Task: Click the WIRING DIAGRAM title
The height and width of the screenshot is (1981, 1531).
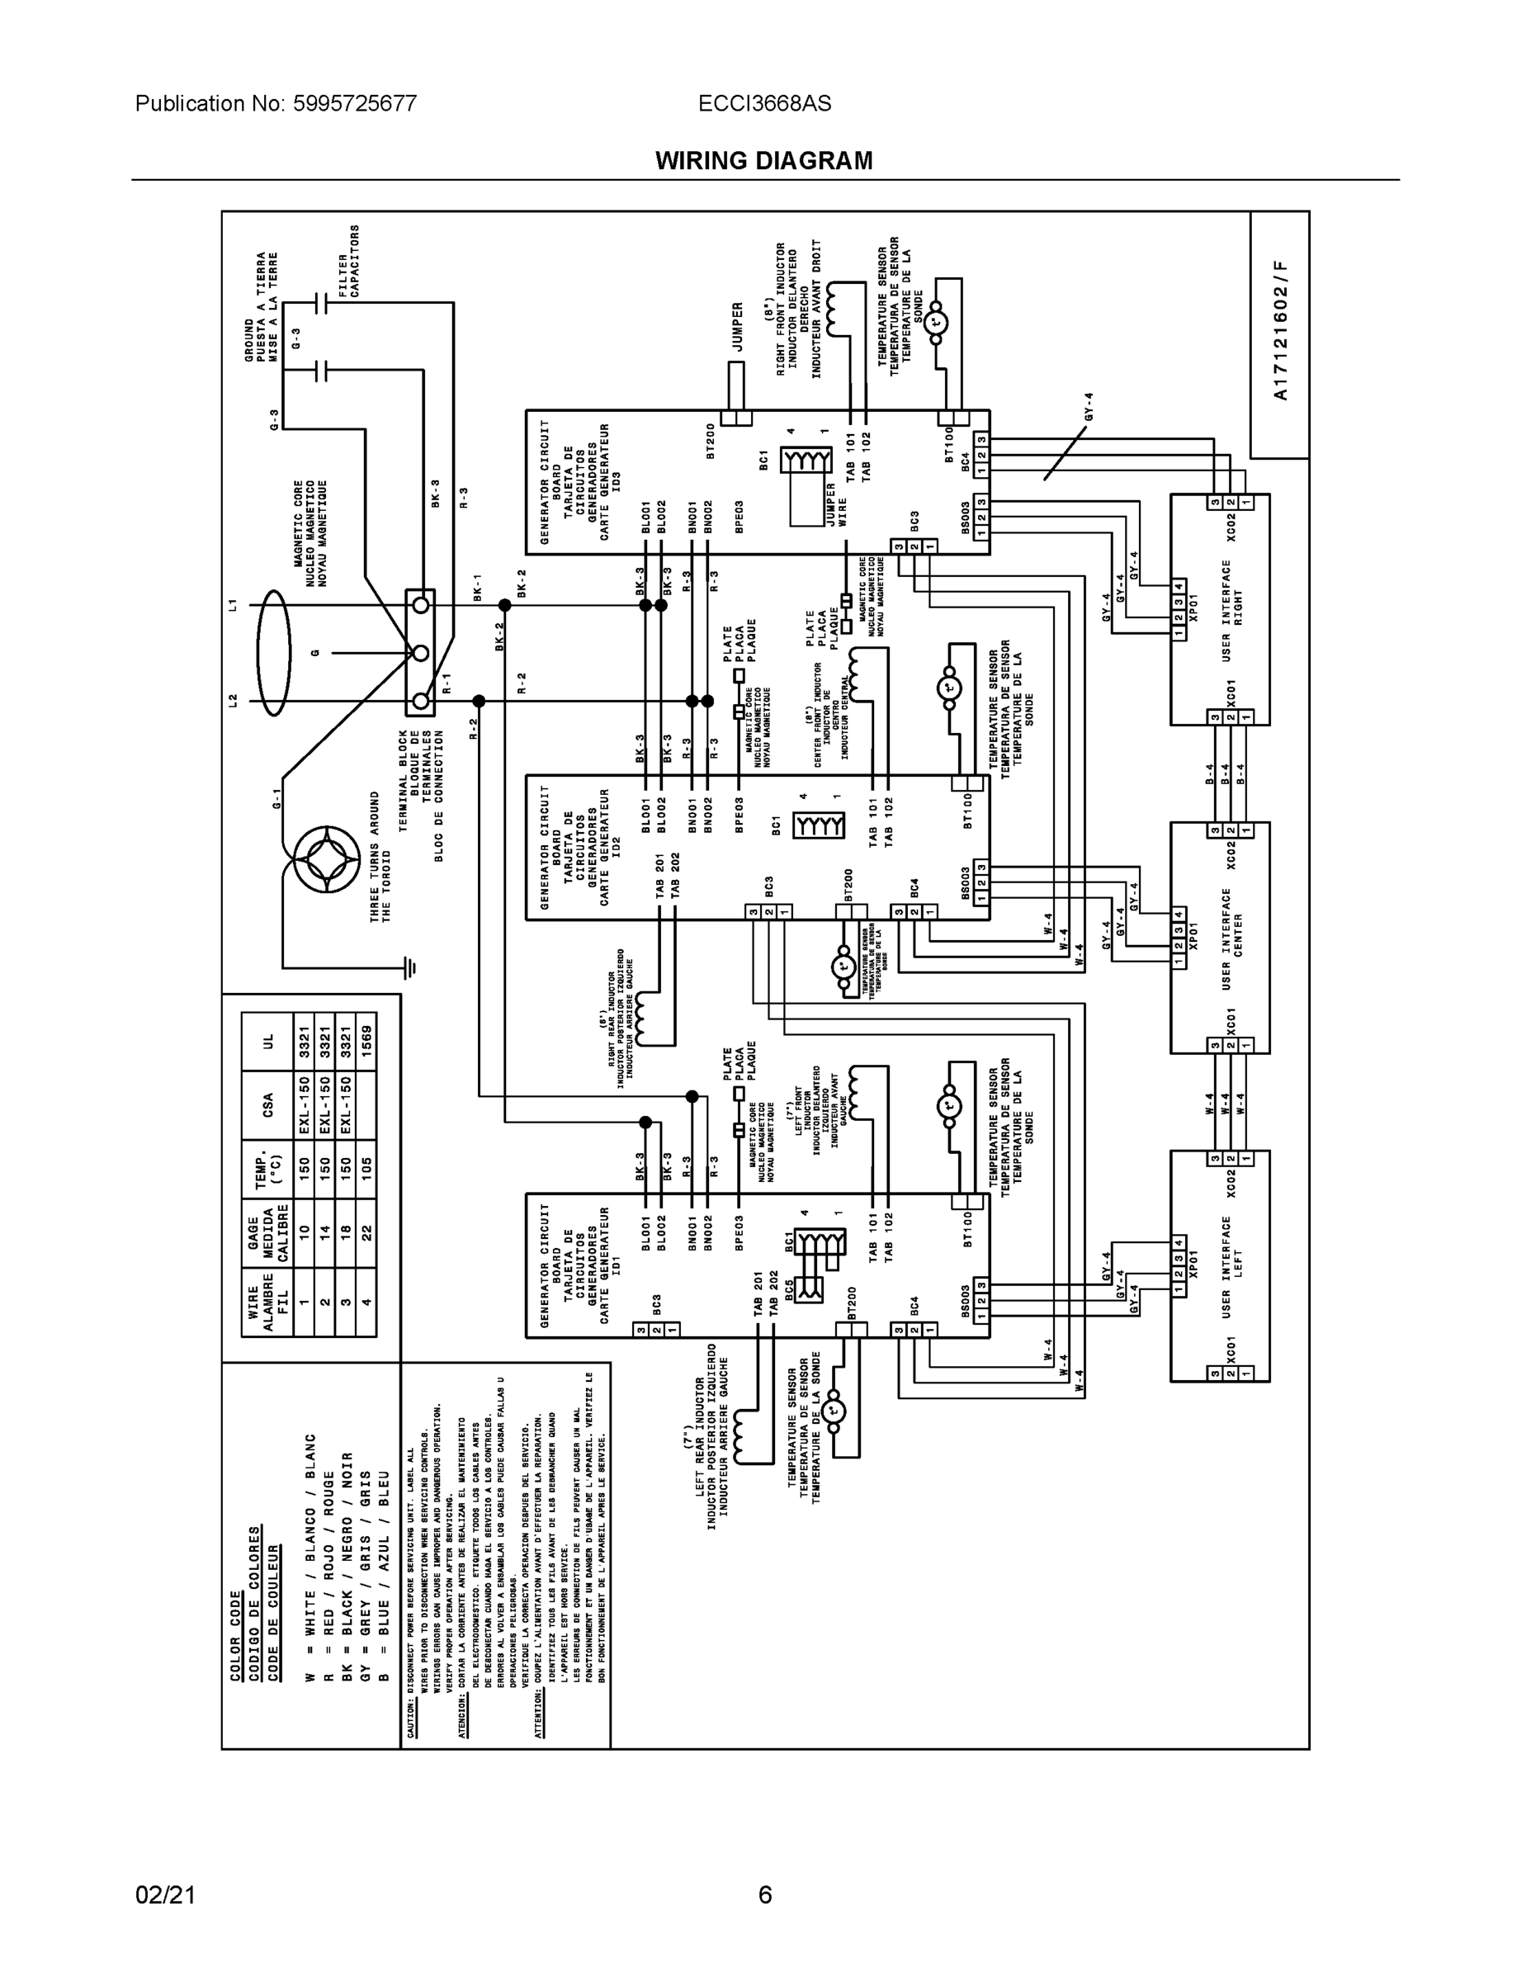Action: point(763,161)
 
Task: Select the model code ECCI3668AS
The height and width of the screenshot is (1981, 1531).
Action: point(763,103)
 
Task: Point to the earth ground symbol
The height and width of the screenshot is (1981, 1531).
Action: point(411,968)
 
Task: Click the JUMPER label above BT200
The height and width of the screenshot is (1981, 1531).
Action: point(737,327)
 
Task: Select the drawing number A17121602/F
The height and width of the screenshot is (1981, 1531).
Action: point(1280,331)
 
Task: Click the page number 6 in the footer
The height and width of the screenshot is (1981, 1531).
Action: point(764,1895)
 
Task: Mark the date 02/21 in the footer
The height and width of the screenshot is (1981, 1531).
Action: point(165,1895)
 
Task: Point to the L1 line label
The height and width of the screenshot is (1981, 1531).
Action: point(233,604)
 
